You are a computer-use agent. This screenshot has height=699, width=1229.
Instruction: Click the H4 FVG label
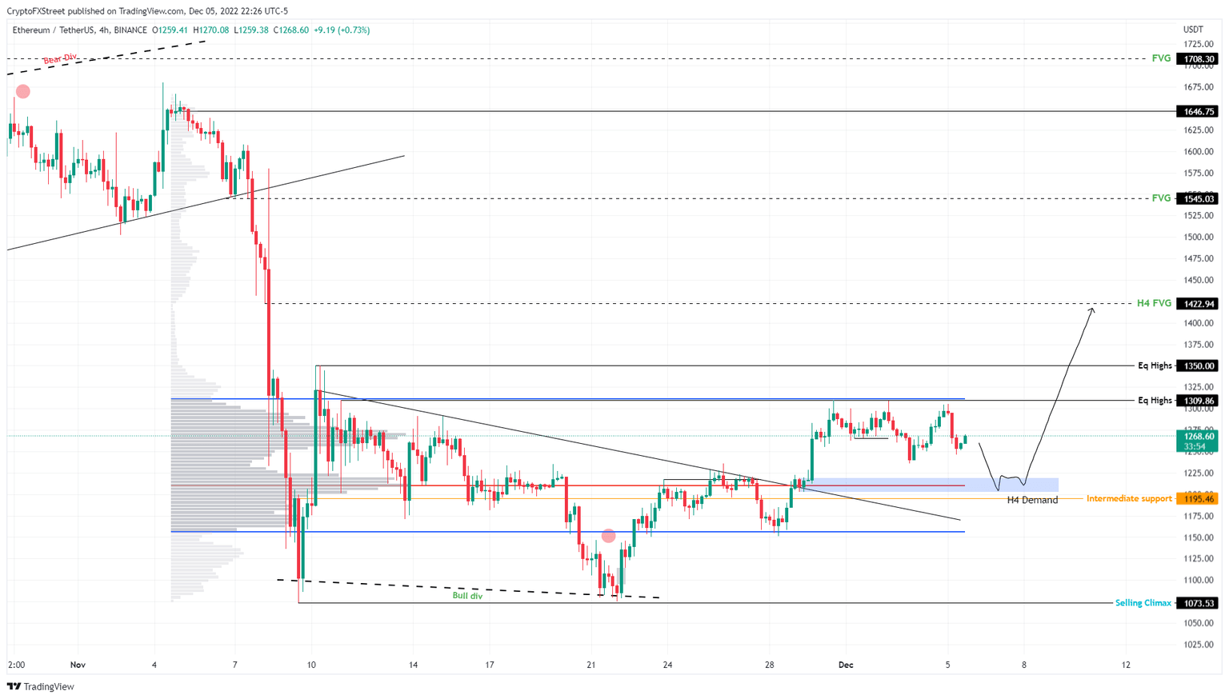click(x=1154, y=304)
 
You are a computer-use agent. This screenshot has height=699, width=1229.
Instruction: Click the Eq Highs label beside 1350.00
click(x=1155, y=365)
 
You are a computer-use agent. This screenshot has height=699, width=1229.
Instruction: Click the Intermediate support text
click(x=1128, y=499)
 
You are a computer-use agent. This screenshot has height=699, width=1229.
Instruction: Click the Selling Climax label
click(x=1143, y=603)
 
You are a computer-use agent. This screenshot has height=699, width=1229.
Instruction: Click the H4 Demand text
click(x=1031, y=500)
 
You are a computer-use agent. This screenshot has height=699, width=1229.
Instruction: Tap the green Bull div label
click(x=467, y=596)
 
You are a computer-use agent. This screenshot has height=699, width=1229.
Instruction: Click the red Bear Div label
click(x=60, y=58)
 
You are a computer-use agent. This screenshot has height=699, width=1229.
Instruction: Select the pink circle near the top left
click(x=23, y=92)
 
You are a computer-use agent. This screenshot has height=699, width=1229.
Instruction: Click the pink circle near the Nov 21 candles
click(x=608, y=536)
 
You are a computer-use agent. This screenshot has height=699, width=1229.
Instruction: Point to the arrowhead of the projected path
click(x=1092, y=309)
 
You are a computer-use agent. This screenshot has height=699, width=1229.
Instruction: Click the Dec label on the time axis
click(x=846, y=665)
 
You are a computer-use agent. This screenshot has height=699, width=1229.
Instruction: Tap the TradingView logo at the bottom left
click(x=40, y=686)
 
